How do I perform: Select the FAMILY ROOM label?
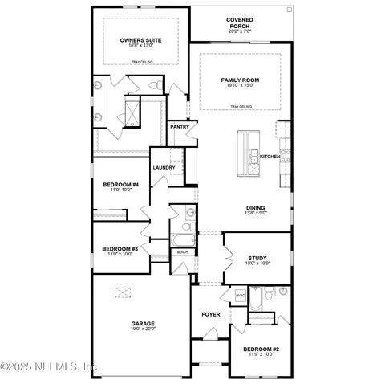point(240,80)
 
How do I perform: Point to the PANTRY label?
point(179,127)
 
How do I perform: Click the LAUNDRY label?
point(164,167)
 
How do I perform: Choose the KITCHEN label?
point(269,157)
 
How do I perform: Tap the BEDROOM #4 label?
point(120,185)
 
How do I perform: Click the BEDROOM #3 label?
point(120,249)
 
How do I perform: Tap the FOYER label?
point(210,314)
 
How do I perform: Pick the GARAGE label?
point(144,324)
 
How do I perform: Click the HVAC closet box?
point(240,296)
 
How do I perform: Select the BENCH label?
point(183,252)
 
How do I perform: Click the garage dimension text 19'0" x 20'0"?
point(144,329)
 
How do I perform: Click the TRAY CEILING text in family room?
point(240,107)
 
